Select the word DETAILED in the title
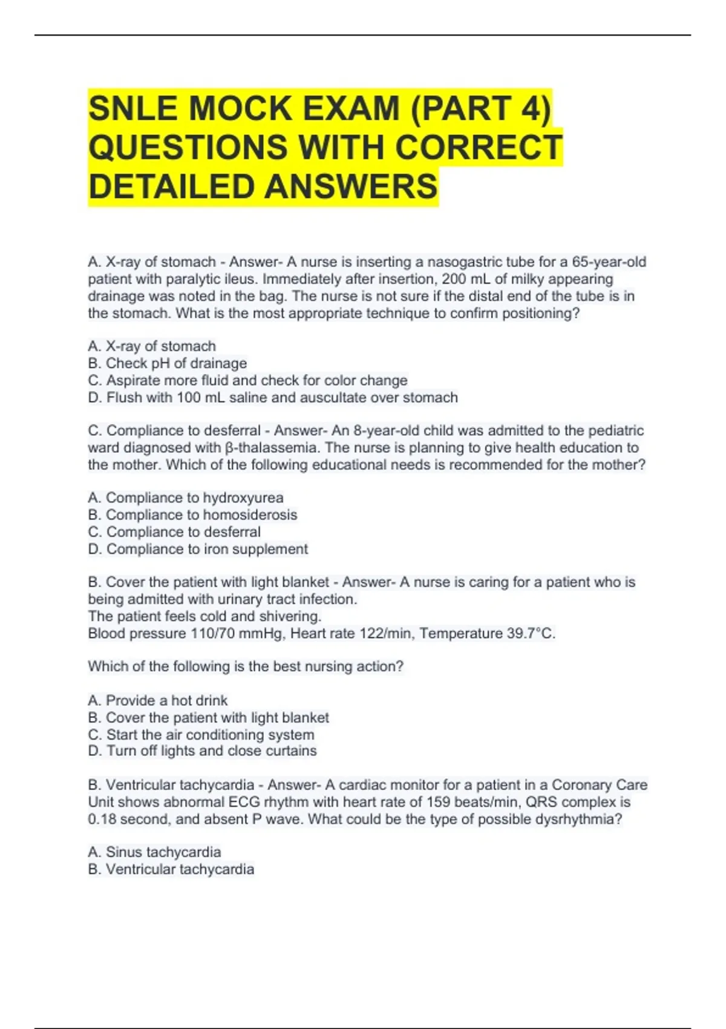pyautogui.click(x=171, y=186)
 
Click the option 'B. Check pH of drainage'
pyautogui.click(x=167, y=363)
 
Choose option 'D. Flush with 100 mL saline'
pyautogui.click(x=272, y=398)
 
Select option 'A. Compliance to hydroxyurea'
pyautogui.click(x=185, y=498)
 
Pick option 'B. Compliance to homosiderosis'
pyautogui.click(x=192, y=514)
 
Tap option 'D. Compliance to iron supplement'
pyautogui.click(x=198, y=549)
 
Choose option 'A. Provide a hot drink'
pyautogui.click(x=157, y=700)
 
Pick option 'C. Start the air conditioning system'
pyautogui.click(x=201, y=735)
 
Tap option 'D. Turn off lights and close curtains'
pyautogui.click(x=202, y=751)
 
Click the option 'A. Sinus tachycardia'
pyautogui.click(x=154, y=852)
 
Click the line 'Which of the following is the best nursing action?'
pyautogui.click(x=245, y=666)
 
